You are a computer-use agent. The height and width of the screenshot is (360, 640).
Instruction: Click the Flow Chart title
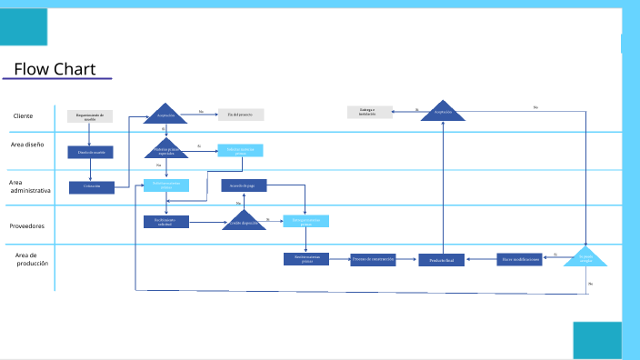coord(55,70)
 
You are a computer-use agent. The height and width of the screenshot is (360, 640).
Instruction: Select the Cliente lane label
coord(24,116)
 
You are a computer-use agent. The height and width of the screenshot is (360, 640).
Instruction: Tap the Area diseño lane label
coord(27,145)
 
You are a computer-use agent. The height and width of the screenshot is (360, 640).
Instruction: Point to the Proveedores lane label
coord(27,225)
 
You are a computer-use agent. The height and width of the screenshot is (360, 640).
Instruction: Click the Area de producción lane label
coord(32,259)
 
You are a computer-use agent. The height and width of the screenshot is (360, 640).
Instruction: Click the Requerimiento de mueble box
coord(90,116)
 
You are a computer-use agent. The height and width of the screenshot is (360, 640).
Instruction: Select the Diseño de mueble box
coord(91,152)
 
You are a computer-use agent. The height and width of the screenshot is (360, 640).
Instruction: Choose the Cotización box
coord(92,187)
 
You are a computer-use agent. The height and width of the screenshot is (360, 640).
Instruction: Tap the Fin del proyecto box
coord(241,115)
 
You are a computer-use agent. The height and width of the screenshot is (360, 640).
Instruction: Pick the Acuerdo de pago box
coord(244,185)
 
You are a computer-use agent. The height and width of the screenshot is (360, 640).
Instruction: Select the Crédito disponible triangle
coord(244,221)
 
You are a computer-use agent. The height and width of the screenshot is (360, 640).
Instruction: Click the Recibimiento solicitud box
coord(165,221)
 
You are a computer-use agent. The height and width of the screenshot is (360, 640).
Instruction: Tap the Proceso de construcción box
coord(374,259)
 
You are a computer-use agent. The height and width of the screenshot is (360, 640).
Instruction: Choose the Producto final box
coord(442,260)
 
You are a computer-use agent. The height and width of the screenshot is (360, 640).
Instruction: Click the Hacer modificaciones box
coord(520,259)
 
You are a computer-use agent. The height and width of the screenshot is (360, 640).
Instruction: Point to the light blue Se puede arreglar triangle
coord(585,258)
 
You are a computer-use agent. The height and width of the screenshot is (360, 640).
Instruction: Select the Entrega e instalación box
coord(367,113)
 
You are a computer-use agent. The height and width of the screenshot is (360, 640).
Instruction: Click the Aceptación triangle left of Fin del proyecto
coord(165,115)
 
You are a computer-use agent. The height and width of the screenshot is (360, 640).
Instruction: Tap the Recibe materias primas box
coord(305,258)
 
